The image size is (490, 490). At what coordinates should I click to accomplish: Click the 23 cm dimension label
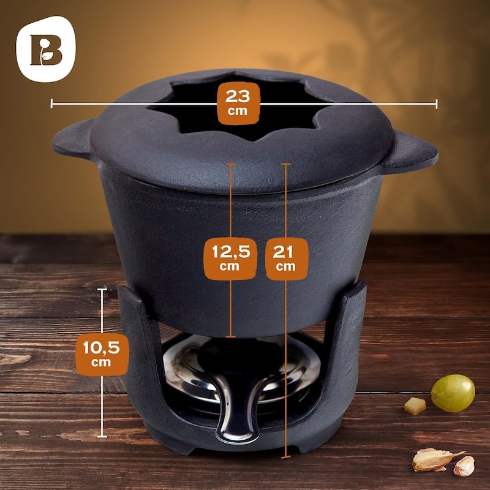pos(238,104)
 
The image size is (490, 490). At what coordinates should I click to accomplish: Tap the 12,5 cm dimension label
pos(231,258)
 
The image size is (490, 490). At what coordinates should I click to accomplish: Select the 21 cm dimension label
pos(287,258)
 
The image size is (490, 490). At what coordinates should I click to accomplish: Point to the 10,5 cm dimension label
pos(102,354)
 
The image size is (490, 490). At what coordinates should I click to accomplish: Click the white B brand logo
pos(46,49)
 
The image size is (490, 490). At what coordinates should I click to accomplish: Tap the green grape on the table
pos(453,393)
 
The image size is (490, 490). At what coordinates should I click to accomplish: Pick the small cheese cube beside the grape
pos(415,406)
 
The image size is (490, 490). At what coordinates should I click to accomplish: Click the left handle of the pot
pos(73,140)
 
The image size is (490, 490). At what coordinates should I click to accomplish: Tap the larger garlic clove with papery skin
pos(434,459)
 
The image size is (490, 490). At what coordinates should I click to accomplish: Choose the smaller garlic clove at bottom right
pos(464,466)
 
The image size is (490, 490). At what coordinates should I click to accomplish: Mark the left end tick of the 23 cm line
pos(51,104)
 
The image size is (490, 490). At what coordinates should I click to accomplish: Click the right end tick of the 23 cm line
pos(437,104)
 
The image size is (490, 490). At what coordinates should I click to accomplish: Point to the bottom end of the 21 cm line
pos(285,457)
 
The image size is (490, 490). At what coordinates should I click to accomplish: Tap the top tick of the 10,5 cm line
pos(102,289)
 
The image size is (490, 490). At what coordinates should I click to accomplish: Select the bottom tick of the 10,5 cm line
pos(102,436)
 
